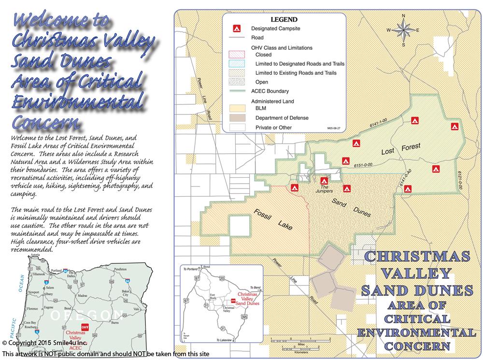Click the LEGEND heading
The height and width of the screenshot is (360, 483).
(x=284, y=20)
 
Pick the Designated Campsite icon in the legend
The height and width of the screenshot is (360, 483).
(x=237, y=29)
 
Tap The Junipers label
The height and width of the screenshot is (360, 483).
(x=326, y=188)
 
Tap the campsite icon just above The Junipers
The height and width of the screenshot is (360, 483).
(x=325, y=180)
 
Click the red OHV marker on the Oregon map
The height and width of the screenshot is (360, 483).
(x=85, y=326)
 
